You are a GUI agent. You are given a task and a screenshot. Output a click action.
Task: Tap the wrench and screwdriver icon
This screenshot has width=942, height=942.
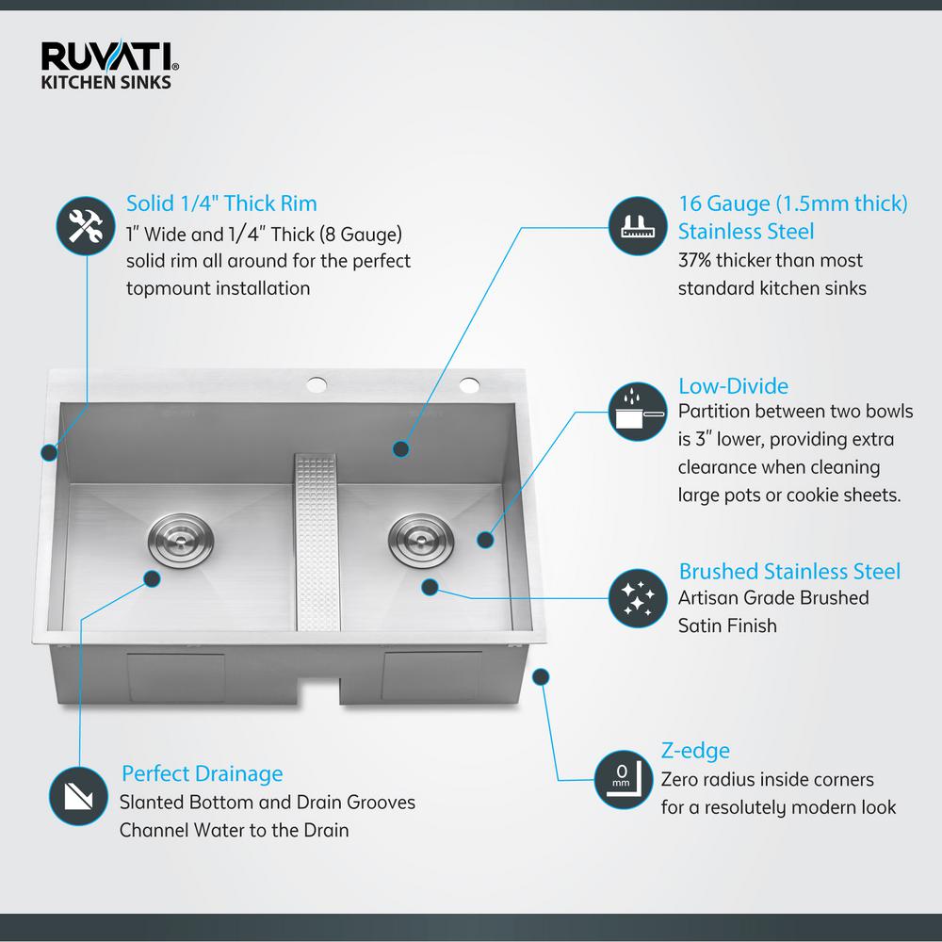(x=86, y=226)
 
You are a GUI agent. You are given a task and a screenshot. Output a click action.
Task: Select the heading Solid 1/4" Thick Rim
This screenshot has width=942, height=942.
(x=221, y=203)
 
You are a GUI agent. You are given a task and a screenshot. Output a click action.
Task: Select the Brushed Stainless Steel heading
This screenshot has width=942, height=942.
(x=789, y=571)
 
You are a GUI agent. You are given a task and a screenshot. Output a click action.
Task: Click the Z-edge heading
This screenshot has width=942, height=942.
(x=695, y=751)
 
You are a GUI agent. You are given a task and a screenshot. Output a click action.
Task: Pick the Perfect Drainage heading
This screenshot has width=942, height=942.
(x=202, y=774)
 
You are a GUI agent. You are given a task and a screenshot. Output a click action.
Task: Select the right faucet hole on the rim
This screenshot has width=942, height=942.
(x=467, y=383)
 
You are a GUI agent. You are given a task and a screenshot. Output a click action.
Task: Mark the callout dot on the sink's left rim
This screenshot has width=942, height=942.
(x=47, y=453)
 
